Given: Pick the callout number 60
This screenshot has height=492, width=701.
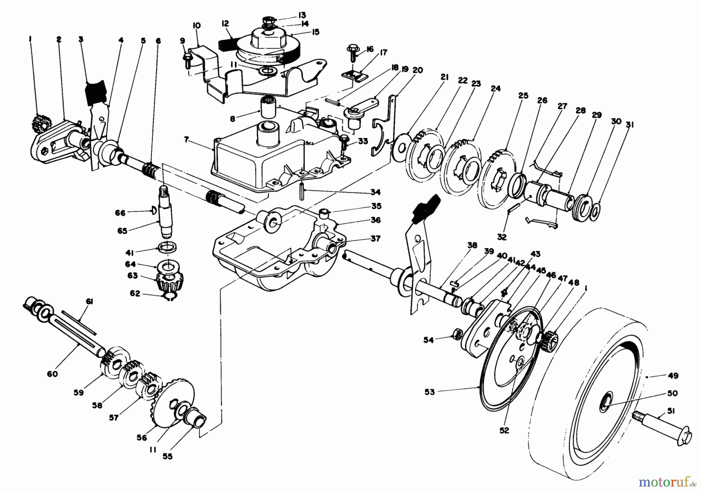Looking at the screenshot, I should [x=52, y=374].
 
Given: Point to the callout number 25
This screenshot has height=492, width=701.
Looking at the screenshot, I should [x=523, y=96].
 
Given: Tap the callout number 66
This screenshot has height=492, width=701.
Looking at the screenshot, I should [x=120, y=213].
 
